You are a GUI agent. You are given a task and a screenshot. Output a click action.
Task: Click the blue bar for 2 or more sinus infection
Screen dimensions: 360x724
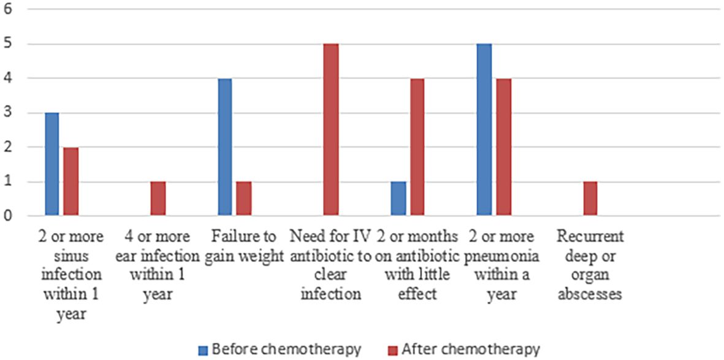coord(51,164)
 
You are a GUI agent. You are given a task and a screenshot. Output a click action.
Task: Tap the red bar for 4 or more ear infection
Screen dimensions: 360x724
coord(158,199)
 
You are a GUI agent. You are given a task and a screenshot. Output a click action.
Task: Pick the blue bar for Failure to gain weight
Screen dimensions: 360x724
coord(225,147)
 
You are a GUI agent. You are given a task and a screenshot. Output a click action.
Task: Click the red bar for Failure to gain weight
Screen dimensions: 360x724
coord(243,199)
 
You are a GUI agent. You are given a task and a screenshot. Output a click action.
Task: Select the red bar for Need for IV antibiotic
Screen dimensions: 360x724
coord(332,130)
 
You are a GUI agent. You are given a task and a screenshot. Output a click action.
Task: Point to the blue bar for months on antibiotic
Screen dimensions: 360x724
coord(399,199)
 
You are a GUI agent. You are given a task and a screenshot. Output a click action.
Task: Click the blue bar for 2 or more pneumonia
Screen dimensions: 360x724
coord(484,130)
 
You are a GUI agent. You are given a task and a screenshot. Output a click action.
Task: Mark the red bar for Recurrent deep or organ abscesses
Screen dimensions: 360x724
coord(590,199)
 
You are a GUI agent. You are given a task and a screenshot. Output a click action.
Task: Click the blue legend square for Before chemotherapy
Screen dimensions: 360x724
coord(203,350)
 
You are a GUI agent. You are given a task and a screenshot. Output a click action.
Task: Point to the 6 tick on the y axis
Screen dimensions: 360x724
coord(7,10)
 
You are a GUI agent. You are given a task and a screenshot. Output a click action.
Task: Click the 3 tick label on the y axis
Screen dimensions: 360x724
coord(7,113)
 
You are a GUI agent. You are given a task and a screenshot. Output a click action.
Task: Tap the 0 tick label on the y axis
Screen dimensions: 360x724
coord(7,216)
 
